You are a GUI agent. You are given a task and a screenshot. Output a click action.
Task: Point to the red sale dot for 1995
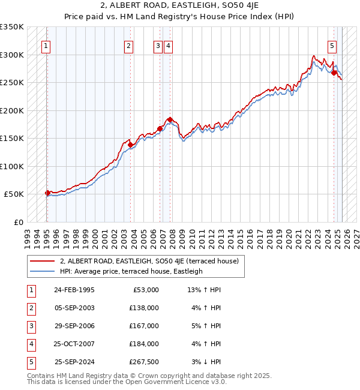[47, 193]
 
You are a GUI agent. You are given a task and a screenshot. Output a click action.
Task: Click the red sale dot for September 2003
[130, 145]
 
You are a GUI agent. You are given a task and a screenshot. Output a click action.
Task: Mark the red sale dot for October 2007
[170, 119]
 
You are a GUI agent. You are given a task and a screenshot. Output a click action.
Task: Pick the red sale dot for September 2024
[334, 73]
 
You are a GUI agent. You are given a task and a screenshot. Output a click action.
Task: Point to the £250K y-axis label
[12, 83]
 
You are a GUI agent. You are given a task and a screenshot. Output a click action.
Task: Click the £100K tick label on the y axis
[12, 166]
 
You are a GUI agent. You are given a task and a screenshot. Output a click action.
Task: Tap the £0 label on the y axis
[18, 222]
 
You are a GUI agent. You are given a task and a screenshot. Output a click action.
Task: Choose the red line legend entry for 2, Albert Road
[149, 261]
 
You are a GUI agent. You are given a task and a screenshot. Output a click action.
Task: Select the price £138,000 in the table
[144, 308]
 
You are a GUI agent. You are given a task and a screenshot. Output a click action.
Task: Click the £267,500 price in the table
[144, 362]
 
